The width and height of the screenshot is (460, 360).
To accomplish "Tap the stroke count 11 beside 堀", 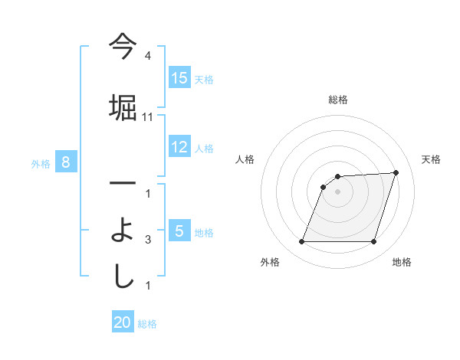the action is tap(148, 116).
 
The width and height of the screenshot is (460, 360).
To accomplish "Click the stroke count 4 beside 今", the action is tap(148, 56).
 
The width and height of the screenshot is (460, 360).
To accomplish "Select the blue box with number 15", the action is tap(179, 78).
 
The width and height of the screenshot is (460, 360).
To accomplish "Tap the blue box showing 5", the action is tap(179, 231).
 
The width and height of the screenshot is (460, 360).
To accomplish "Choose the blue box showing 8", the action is tap(66, 162).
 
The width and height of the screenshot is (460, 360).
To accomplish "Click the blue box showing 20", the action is tap(123, 323).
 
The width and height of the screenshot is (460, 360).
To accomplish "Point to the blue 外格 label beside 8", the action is tap(41, 163).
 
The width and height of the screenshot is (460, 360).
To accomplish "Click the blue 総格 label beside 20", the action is tap(147, 324).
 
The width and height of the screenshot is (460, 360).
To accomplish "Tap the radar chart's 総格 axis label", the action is tap(337, 100).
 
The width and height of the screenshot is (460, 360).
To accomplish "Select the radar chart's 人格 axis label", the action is tap(245, 159).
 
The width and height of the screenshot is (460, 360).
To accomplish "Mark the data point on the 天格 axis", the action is tap(396, 172).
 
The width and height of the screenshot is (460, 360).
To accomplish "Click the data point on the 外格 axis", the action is tap(301, 242).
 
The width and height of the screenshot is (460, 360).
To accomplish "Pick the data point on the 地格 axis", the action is tap(373, 242).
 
